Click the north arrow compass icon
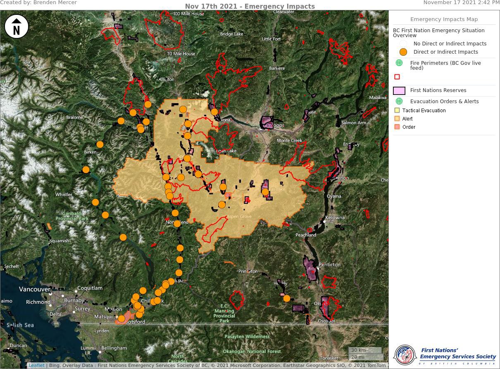[17, 27]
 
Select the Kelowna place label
[335, 218]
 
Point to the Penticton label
[329, 265]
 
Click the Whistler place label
[64, 194]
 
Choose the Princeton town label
[248, 271]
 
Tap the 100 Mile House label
[188, 14]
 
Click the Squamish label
[59, 241]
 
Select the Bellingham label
[114, 348]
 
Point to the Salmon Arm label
[354, 123]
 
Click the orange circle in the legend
[403, 52]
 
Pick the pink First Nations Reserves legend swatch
[399, 90]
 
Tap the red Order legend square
[397, 127]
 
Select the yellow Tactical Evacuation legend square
[397, 111]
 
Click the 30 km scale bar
[365, 350]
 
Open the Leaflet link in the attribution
[36, 365]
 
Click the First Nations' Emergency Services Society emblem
[405, 355]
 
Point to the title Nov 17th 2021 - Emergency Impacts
[250, 6]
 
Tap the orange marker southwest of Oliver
[287, 298]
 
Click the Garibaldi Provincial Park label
[72, 216]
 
